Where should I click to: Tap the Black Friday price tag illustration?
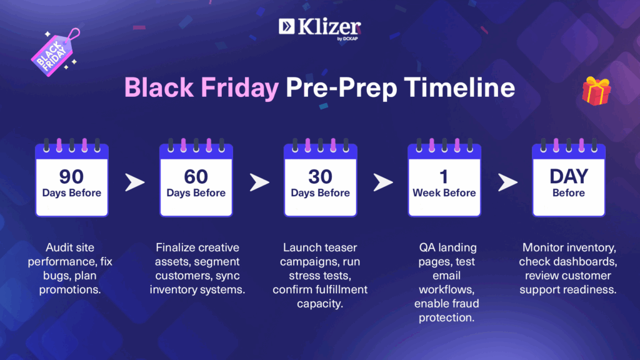click(55, 52)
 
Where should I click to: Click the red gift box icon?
click(596, 91)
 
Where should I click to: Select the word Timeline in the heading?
click(459, 87)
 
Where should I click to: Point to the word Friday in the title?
click(239, 88)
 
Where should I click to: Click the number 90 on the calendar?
click(71, 176)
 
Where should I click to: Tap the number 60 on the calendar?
click(196, 176)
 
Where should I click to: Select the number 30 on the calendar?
click(321, 176)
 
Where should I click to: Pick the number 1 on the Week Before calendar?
click(444, 177)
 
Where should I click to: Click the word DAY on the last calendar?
click(569, 176)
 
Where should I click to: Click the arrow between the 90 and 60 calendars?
click(135, 182)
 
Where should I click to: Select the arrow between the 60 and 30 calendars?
click(259, 182)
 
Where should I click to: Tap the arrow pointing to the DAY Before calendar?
click(507, 182)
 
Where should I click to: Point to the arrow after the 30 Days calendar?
click(383, 182)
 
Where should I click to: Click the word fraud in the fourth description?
click(466, 303)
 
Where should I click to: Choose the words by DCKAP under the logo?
click(347, 39)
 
